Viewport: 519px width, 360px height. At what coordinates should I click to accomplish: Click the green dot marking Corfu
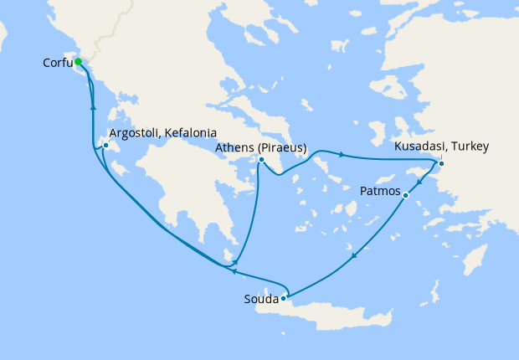[77, 61]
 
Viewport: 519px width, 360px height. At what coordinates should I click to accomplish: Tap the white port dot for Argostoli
[105, 146]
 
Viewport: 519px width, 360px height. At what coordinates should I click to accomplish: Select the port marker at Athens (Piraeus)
[262, 160]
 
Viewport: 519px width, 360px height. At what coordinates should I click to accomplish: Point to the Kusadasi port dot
[441, 162]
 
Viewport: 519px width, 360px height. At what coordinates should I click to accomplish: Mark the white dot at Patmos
[405, 196]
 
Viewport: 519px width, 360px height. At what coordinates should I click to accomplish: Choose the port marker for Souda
[284, 297]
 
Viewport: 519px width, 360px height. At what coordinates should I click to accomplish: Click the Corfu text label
[56, 63]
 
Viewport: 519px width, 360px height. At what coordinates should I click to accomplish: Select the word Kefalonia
[192, 133]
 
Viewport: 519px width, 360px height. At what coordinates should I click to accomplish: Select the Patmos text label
[381, 191]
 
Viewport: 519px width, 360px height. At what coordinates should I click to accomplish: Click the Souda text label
[260, 298]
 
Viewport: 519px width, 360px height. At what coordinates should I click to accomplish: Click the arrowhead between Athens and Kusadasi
[342, 154]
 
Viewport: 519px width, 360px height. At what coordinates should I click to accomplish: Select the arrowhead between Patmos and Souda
[355, 255]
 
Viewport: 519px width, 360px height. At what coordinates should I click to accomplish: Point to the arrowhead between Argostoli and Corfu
[92, 108]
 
